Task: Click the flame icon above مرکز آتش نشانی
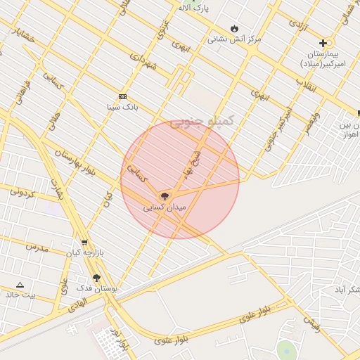point(233,29)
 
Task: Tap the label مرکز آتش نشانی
point(233,39)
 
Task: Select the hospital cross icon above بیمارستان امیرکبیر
point(323,43)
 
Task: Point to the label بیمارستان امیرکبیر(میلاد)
point(329,58)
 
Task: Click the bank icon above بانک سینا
point(122,96)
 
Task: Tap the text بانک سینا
point(122,107)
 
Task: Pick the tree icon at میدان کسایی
point(164,196)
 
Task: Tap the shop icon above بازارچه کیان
point(84,243)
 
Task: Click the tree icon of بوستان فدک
point(96,278)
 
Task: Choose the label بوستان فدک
point(97,288)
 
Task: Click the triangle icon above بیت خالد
point(20,285)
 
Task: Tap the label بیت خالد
point(20,295)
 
